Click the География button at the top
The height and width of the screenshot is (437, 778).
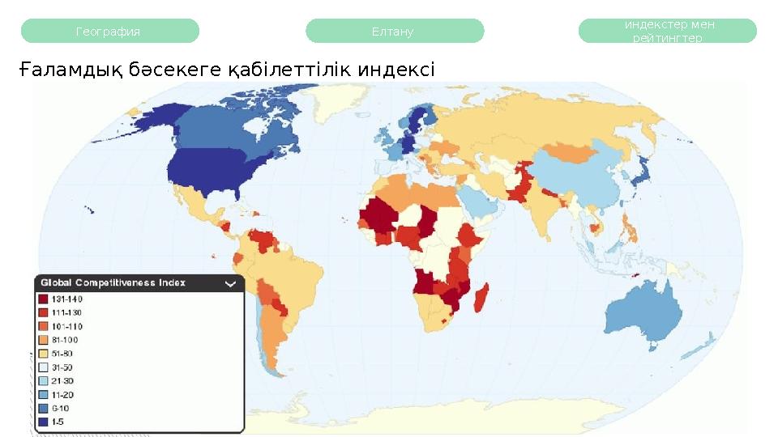(109, 32)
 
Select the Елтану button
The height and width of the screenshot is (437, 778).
(394, 32)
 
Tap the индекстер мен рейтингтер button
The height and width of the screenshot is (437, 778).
(668, 32)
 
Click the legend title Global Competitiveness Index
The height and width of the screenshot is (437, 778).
(113, 282)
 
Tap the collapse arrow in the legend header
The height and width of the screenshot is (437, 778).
(230, 283)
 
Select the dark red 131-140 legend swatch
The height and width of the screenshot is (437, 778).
(44, 299)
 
